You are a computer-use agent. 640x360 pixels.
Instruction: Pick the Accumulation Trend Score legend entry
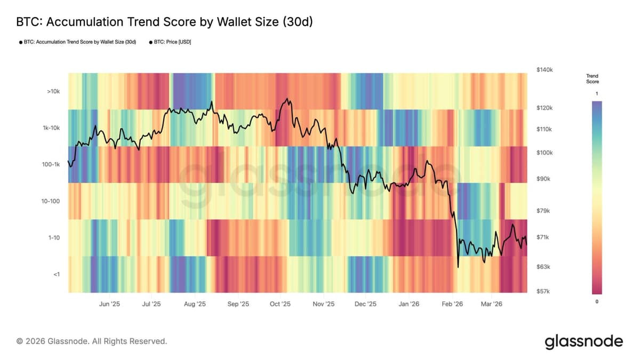(77, 42)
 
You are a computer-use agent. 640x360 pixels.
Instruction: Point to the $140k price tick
(545, 70)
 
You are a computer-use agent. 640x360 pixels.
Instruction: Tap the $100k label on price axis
(545, 153)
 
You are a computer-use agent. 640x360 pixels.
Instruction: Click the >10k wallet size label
(53, 92)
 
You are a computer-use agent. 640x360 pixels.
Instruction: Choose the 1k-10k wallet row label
(51, 128)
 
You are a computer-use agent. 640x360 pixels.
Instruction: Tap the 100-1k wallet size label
(51, 165)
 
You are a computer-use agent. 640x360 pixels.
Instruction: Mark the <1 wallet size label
(56, 274)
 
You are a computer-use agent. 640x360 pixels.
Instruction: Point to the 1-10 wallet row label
(54, 237)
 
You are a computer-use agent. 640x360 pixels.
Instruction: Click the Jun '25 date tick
(109, 304)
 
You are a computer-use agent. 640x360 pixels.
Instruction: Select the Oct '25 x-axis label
(280, 304)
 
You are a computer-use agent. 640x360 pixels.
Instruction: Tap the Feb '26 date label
(452, 304)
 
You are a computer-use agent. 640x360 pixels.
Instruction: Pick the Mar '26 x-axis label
(491, 304)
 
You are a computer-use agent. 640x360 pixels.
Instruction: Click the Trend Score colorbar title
(592, 79)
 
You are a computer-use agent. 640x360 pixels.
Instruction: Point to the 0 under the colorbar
(596, 302)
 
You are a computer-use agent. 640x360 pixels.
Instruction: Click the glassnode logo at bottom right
(583, 341)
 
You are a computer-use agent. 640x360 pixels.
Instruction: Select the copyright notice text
(92, 341)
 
